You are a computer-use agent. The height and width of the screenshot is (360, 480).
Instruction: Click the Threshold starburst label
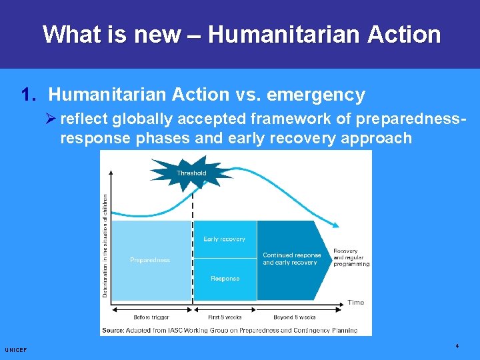pos(191,173)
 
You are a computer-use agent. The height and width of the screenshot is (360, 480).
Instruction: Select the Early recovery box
pos(224,239)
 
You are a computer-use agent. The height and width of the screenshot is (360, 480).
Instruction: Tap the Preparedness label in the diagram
pos(150,260)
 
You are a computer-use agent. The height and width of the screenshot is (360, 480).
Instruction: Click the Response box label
pos(225,278)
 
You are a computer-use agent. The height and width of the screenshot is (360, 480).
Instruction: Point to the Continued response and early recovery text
pos(291,259)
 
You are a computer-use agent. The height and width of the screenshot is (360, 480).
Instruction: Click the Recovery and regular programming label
pos(351,257)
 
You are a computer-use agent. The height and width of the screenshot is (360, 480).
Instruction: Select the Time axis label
pos(355,302)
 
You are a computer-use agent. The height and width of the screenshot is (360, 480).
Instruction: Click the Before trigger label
pos(151,317)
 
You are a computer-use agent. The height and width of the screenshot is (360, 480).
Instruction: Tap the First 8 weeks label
pos(225,317)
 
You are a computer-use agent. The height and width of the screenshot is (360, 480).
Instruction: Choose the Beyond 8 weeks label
pos(294,317)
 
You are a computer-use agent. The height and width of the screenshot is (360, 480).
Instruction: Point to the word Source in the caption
pos(113,330)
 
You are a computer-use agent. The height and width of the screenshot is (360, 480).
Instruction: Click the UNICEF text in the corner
pos(15,349)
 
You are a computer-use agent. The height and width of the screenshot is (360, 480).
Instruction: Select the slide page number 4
pos(457,346)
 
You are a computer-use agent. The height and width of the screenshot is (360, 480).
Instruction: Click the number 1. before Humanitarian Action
pos(29,95)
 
